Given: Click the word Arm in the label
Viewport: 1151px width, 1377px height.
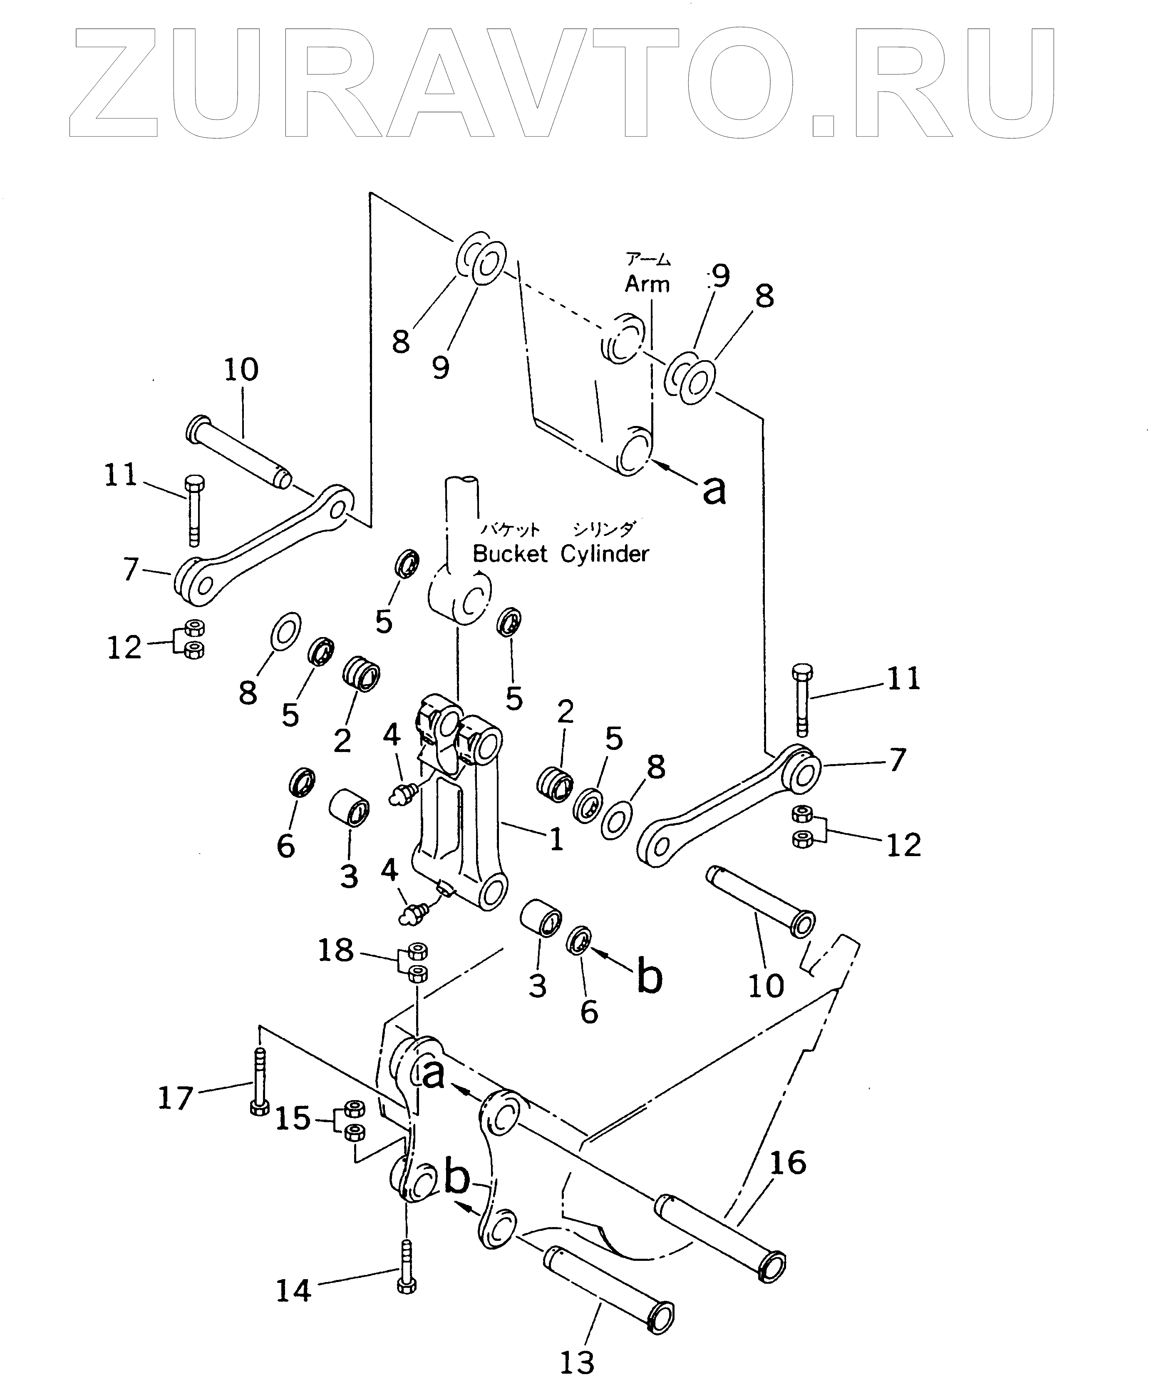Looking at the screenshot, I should (647, 284).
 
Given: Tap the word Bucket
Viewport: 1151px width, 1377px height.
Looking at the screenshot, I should (509, 554).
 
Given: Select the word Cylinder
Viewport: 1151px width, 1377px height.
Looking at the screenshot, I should (604, 554).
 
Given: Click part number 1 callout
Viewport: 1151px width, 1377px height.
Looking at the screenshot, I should (556, 839).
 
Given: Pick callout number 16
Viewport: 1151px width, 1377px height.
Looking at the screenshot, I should (788, 1163).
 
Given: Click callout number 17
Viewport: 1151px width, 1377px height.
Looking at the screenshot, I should (176, 1098).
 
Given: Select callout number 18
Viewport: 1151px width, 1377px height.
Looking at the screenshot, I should (335, 950).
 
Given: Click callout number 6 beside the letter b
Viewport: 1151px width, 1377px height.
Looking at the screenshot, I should (589, 1012).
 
